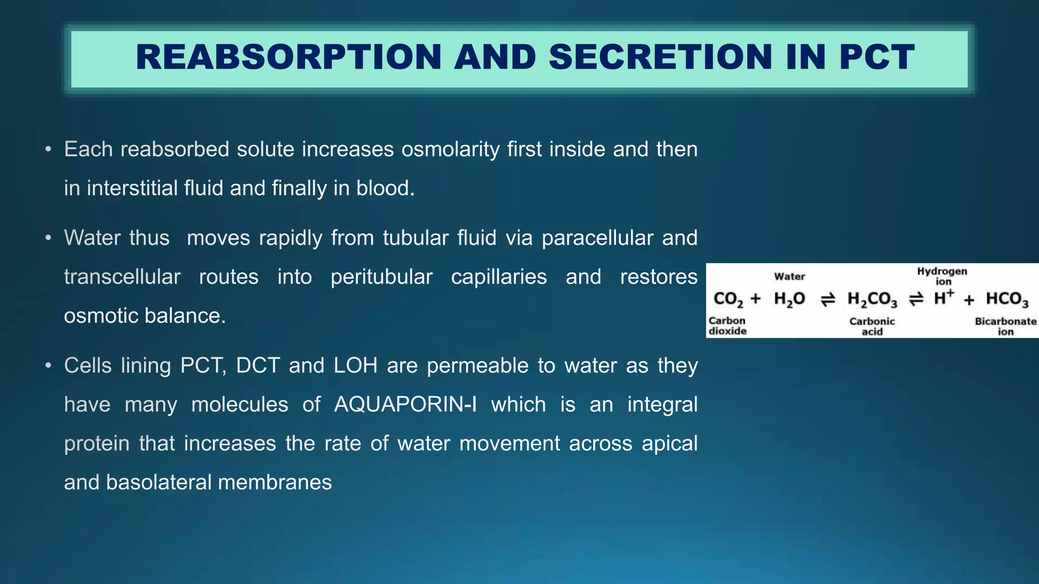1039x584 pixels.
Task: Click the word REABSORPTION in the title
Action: (289, 57)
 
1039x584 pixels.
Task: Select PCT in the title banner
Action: (877, 57)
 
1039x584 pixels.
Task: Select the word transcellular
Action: (122, 277)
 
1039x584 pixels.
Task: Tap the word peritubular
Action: (382, 277)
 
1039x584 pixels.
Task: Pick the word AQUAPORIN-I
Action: (405, 405)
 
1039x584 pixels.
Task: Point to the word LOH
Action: (356, 366)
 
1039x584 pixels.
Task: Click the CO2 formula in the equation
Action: (728, 299)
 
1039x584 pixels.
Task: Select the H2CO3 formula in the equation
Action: (872, 299)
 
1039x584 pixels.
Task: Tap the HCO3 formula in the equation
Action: (1007, 299)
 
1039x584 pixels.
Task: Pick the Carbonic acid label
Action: (872, 326)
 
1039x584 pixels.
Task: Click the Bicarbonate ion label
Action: (1006, 326)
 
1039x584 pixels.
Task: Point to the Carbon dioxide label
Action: (728, 326)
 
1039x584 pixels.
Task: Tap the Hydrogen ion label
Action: (942, 276)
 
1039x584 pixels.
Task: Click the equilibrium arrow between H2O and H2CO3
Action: (828, 300)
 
